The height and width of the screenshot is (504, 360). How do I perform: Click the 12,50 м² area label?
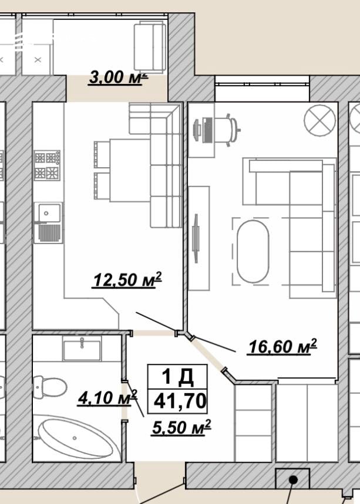pos(127,280)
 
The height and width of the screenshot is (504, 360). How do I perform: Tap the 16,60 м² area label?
pos(282,347)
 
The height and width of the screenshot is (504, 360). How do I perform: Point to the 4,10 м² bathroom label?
pos(107,398)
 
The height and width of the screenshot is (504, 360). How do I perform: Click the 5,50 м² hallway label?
pos(181,428)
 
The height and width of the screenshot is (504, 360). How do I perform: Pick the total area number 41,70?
pos(180,401)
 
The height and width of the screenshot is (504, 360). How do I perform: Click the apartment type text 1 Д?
pos(177,377)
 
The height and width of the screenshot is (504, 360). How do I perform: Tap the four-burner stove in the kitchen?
pos(48,165)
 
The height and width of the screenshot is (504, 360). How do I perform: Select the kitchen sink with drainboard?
pos(48,222)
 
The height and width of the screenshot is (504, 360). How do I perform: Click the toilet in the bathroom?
pos(49,387)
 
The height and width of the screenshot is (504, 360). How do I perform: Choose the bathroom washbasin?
pos(82,348)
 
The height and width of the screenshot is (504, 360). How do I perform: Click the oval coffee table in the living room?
pos(253,252)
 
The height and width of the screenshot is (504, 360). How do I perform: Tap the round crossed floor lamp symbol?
pos(320,120)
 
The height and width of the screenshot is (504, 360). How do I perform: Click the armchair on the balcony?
pos(150,47)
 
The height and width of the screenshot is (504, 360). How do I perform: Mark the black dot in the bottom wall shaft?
pos(293,480)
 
